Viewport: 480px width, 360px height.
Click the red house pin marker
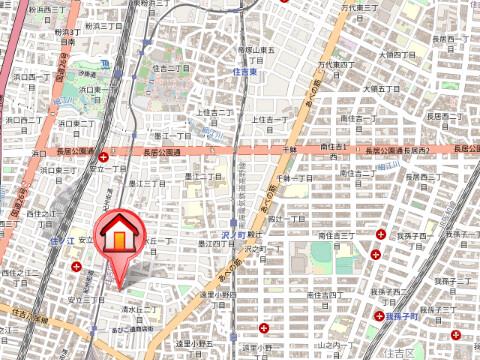point(118,240)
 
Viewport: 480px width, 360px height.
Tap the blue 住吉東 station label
point(245,72)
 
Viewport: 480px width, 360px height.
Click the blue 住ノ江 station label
point(63,241)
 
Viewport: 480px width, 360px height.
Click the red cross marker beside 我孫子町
point(379,316)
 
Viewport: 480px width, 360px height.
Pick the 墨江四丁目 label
point(213,243)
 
